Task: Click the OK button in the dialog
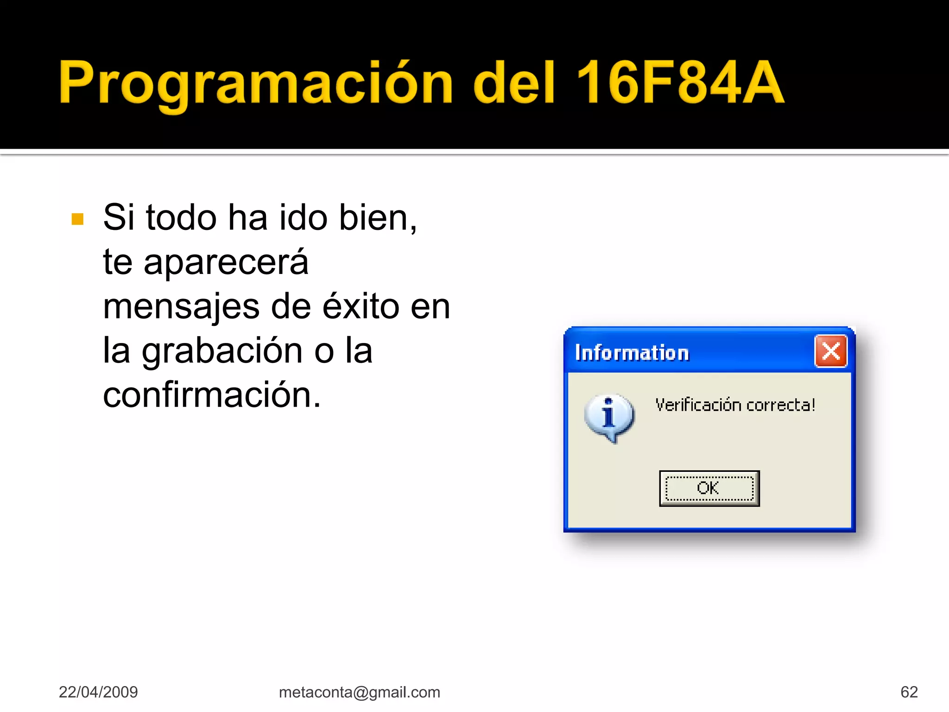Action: tap(709, 489)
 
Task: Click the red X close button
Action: tap(831, 351)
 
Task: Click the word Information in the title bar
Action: tap(632, 353)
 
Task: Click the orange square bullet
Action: tap(78, 219)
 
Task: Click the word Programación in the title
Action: tap(255, 83)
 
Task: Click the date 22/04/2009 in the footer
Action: tap(98, 692)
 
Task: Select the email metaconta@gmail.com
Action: tap(360, 692)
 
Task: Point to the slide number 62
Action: tap(909, 692)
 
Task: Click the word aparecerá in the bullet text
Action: tap(226, 262)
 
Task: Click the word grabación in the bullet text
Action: tap(222, 351)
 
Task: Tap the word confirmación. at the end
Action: tap(212, 395)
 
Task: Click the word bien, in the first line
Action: tap(378, 217)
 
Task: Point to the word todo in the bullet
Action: tap(181, 217)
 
